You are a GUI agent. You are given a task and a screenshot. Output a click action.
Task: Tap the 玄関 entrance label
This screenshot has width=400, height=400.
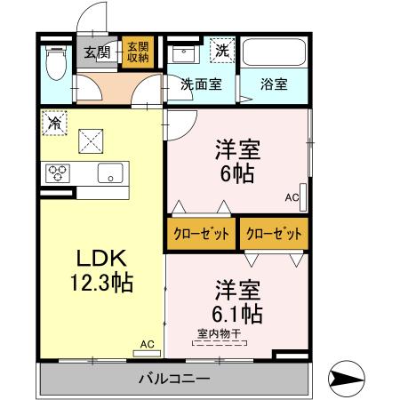(97, 52)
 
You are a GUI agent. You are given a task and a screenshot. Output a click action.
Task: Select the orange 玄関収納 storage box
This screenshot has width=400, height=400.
(136, 52)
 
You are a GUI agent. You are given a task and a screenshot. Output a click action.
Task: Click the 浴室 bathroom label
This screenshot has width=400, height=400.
(273, 85)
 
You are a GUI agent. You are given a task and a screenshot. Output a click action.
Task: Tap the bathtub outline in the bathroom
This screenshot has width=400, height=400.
(273, 57)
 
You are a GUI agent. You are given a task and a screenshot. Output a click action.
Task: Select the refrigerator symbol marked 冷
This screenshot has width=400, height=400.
(54, 121)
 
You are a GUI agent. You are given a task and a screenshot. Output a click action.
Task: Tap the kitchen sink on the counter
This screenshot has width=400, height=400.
(110, 172)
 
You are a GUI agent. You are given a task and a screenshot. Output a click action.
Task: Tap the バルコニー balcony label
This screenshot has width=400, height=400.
(174, 380)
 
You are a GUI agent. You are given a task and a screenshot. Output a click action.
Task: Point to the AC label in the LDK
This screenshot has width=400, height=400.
(147, 343)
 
